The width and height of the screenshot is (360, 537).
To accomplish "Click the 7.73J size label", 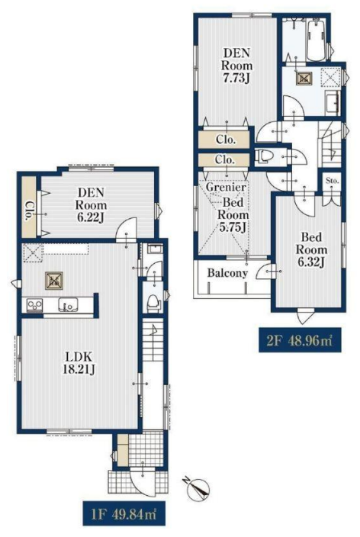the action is click(236, 79).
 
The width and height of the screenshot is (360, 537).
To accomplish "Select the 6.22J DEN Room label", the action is click(91, 204).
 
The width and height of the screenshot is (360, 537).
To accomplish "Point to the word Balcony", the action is click(227, 273).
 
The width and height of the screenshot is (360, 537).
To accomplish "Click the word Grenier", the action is click(226, 187).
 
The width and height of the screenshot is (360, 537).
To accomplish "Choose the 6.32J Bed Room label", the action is click(311, 249).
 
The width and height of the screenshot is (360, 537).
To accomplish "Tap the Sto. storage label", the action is click(332, 181).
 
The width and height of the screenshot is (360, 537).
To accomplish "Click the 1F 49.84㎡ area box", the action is click(124, 513).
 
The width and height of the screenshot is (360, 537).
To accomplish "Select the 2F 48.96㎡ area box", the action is click(300, 340).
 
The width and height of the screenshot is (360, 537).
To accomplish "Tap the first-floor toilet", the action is click(154, 303).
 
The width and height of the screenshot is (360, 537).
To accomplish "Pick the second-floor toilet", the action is click(264, 156).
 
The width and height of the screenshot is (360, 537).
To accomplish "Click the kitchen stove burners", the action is click(34, 304).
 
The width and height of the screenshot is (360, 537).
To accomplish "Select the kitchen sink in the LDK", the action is click(68, 304).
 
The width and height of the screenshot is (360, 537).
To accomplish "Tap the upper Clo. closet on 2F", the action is click(225, 140).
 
